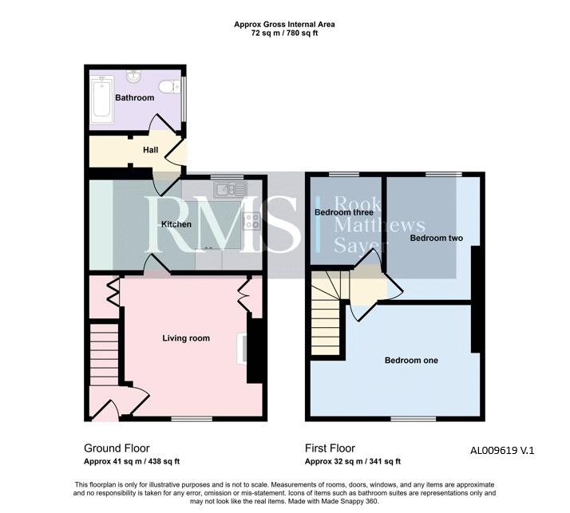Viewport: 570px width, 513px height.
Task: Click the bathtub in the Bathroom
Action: click(x=102, y=100)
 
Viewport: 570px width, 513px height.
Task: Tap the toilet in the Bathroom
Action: click(x=169, y=87)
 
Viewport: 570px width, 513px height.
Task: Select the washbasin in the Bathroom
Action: click(x=134, y=77)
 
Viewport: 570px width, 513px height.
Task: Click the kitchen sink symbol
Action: click(x=231, y=189)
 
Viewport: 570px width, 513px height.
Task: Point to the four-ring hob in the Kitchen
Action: click(x=251, y=221)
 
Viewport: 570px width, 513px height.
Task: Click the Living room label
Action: click(x=186, y=338)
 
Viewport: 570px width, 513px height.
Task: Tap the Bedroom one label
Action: click(x=411, y=361)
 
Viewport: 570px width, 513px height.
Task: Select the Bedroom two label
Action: click(x=436, y=238)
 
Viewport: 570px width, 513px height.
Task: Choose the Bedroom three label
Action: click(x=344, y=212)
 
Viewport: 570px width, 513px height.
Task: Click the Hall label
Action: click(x=151, y=150)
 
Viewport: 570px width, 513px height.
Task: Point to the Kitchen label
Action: click(x=176, y=224)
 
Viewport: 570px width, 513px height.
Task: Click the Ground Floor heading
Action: click(x=117, y=448)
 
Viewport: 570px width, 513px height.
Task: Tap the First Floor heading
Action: click(x=330, y=448)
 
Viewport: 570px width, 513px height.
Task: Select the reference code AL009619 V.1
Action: click(x=502, y=451)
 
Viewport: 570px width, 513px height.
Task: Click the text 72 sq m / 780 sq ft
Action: click(x=285, y=34)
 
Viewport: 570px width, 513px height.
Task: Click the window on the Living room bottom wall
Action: click(x=192, y=419)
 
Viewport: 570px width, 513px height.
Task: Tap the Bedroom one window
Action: click(x=414, y=419)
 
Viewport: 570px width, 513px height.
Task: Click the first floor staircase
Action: click(x=327, y=313)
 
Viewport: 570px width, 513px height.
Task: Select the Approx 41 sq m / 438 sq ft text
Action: click(x=132, y=461)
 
